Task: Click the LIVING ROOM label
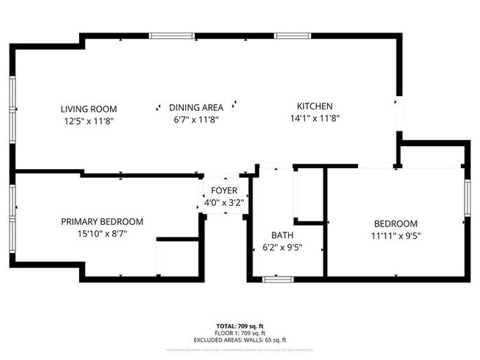point(89,109)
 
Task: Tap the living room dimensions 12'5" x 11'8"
point(89,120)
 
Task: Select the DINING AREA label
point(196,107)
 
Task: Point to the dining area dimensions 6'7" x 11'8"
point(196,119)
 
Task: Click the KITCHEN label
point(315,105)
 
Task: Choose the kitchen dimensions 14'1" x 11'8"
point(315,117)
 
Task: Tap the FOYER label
point(224,190)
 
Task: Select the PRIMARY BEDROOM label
point(102,221)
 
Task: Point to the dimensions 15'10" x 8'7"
point(102,234)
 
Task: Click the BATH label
point(282,235)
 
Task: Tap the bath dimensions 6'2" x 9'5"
point(282,247)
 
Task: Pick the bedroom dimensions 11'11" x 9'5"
point(396,235)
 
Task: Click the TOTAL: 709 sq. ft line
point(239,325)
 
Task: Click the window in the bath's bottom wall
point(278,279)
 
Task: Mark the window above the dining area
point(173,35)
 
